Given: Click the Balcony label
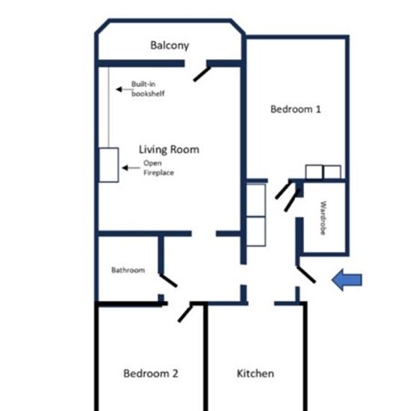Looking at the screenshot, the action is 170,46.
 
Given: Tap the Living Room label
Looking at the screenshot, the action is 169,149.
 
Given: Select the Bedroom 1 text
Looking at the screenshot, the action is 296,109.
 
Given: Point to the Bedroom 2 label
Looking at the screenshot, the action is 151,373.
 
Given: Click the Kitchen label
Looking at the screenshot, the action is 256,373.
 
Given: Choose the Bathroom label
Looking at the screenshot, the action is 129,270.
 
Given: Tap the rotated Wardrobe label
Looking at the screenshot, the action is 324,218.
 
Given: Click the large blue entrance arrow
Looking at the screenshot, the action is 347,279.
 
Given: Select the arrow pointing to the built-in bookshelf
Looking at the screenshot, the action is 124,90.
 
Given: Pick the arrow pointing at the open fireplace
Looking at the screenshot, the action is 131,167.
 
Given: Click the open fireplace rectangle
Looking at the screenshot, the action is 109,165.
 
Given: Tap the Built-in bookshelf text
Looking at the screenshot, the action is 148,89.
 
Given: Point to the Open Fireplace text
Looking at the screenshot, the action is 159,167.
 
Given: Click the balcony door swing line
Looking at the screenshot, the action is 202,74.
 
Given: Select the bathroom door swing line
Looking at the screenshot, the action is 168,280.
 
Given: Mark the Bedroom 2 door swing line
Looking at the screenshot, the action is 185,312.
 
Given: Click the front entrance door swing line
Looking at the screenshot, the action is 306,274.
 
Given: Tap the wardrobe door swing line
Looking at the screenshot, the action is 292,200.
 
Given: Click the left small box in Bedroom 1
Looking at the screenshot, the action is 315,172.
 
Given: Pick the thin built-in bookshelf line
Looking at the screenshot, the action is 108,108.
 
